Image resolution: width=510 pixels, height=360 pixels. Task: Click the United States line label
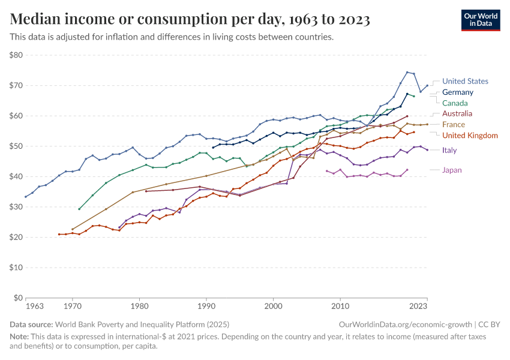(x=465, y=81)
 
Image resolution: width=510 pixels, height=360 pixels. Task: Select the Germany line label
(x=457, y=92)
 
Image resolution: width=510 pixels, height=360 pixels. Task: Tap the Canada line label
(x=455, y=103)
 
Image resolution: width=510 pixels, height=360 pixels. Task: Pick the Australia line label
(x=457, y=113)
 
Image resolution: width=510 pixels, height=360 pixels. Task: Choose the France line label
(x=454, y=125)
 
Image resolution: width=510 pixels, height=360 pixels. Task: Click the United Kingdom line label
(x=470, y=136)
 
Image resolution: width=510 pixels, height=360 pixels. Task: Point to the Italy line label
(x=449, y=150)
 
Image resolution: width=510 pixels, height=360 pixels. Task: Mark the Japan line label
(x=452, y=170)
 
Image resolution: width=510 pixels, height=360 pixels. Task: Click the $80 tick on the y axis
(x=16, y=55)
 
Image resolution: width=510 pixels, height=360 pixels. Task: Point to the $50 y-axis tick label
(x=16, y=146)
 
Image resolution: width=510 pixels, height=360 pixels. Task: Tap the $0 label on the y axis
(x=18, y=298)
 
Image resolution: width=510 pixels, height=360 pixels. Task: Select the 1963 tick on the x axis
(x=35, y=307)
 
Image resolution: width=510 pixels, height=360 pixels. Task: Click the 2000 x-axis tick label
(x=274, y=307)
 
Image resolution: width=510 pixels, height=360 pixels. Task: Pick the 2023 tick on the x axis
(x=418, y=307)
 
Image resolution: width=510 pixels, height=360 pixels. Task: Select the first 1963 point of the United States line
(x=26, y=197)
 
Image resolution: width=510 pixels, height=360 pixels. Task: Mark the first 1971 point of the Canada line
(x=79, y=209)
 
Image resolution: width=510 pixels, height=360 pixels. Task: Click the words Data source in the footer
(x=31, y=325)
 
